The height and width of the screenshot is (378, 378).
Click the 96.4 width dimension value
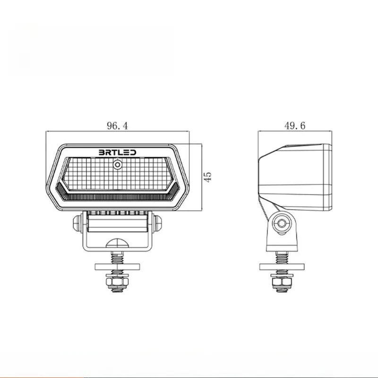pos(117,126)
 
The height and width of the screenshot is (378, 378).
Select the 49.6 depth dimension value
pos(295,126)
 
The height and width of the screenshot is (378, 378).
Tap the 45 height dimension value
pos(207,177)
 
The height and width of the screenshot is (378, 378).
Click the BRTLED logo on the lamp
pos(117,152)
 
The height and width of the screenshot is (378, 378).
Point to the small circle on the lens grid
pos(118,165)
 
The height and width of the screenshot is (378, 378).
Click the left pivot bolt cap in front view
pos(77,223)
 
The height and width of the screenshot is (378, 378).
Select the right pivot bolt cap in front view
pos(157,223)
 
